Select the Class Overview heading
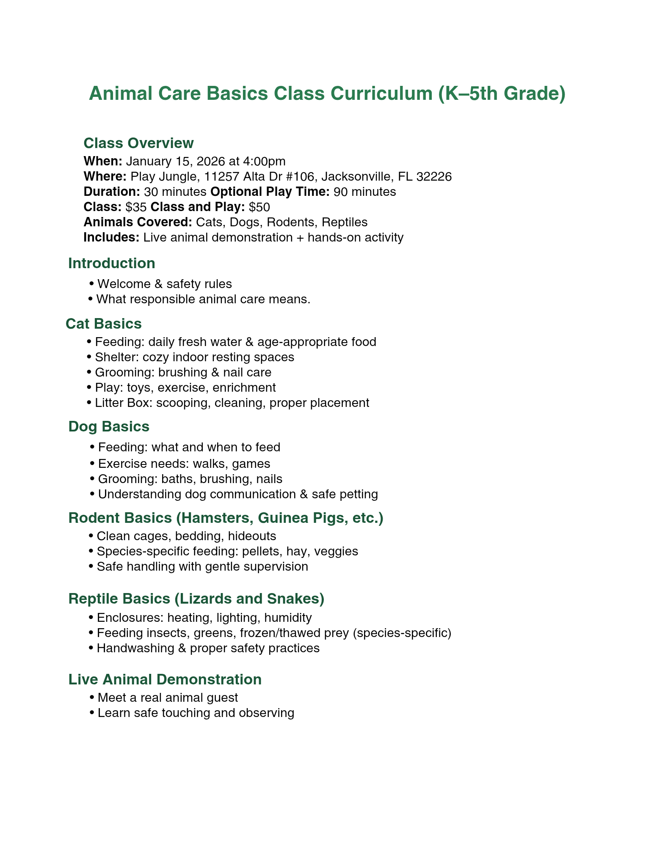(x=138, y=143)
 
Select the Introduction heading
(x=112, y=264)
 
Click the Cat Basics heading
(x=104, y=324)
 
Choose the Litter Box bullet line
(x=232, y=403)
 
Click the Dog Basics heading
(x=109, y=426)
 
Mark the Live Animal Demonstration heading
(x=165, y=679)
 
